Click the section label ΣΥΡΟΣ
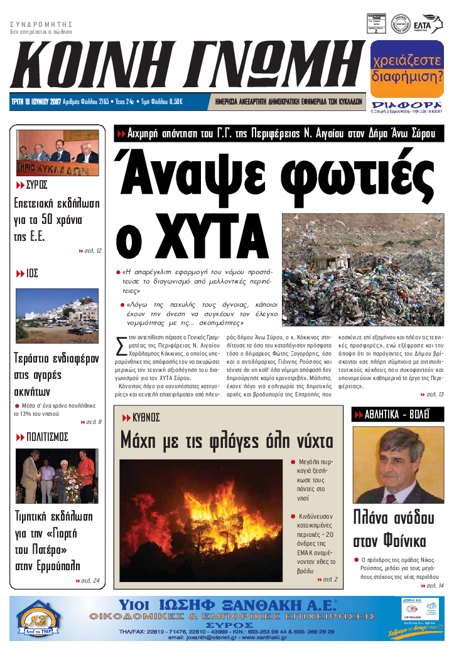[x=37, y=185]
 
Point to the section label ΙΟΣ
[x=32, y=273]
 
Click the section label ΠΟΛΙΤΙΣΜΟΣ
[x=47, y=437]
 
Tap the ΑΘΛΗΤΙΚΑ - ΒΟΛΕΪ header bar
[x=397, y=414]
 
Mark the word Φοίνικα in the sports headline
[x=397, y=541]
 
